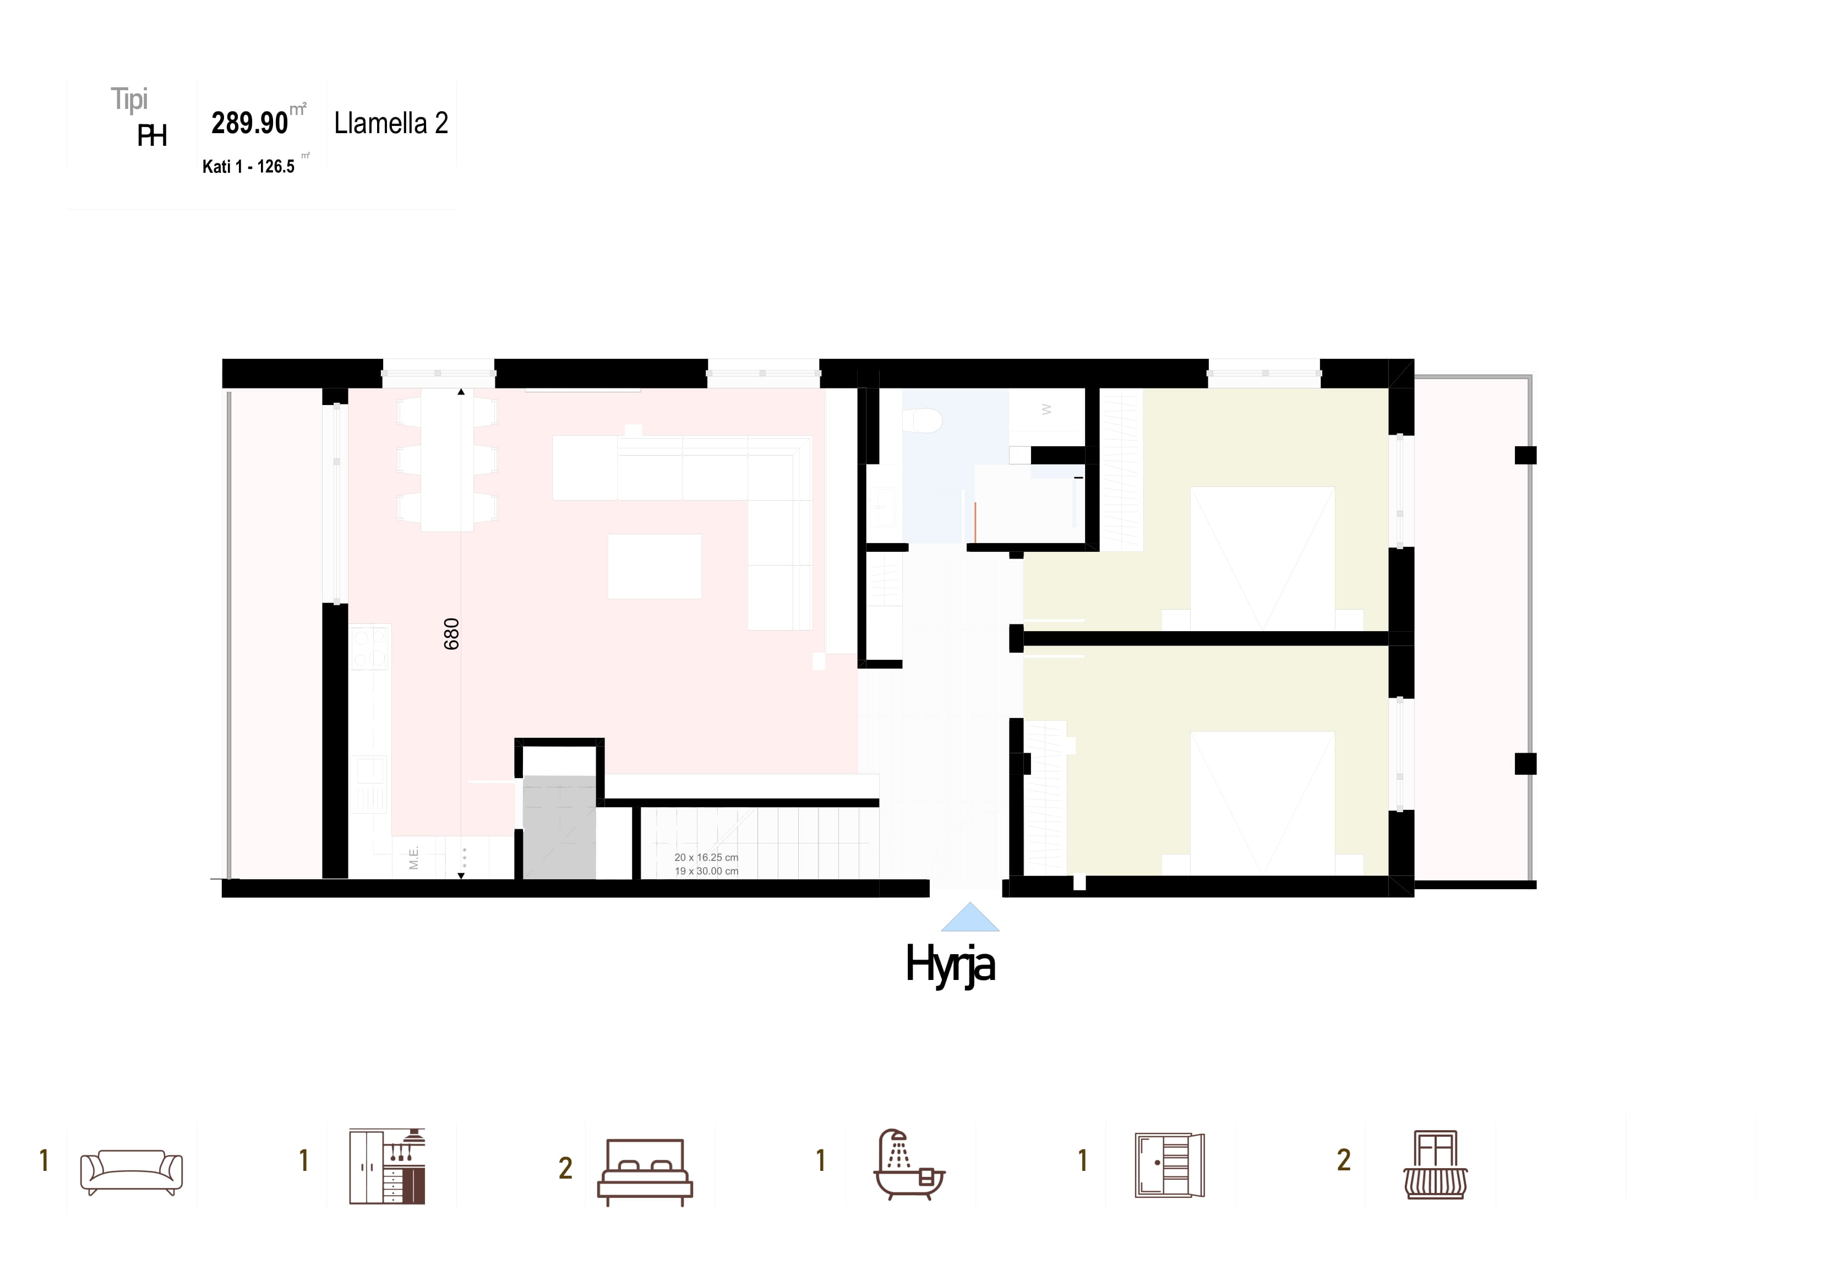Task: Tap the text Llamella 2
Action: coord(391,123)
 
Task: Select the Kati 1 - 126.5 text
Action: coord(248,167)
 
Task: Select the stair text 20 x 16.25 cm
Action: coord(706,857)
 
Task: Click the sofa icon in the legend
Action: coord(132,1172)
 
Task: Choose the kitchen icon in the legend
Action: coord(387,1166)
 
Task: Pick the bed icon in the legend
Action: coord(645,1172)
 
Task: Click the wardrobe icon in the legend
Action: coord(1170,1165)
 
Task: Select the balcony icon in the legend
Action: coord(1436,1164)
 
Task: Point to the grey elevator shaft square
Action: coord(559,827)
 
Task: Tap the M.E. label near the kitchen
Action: coord(413,858)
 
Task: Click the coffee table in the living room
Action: coord(655,566)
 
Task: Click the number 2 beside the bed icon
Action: coord(565,1168)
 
